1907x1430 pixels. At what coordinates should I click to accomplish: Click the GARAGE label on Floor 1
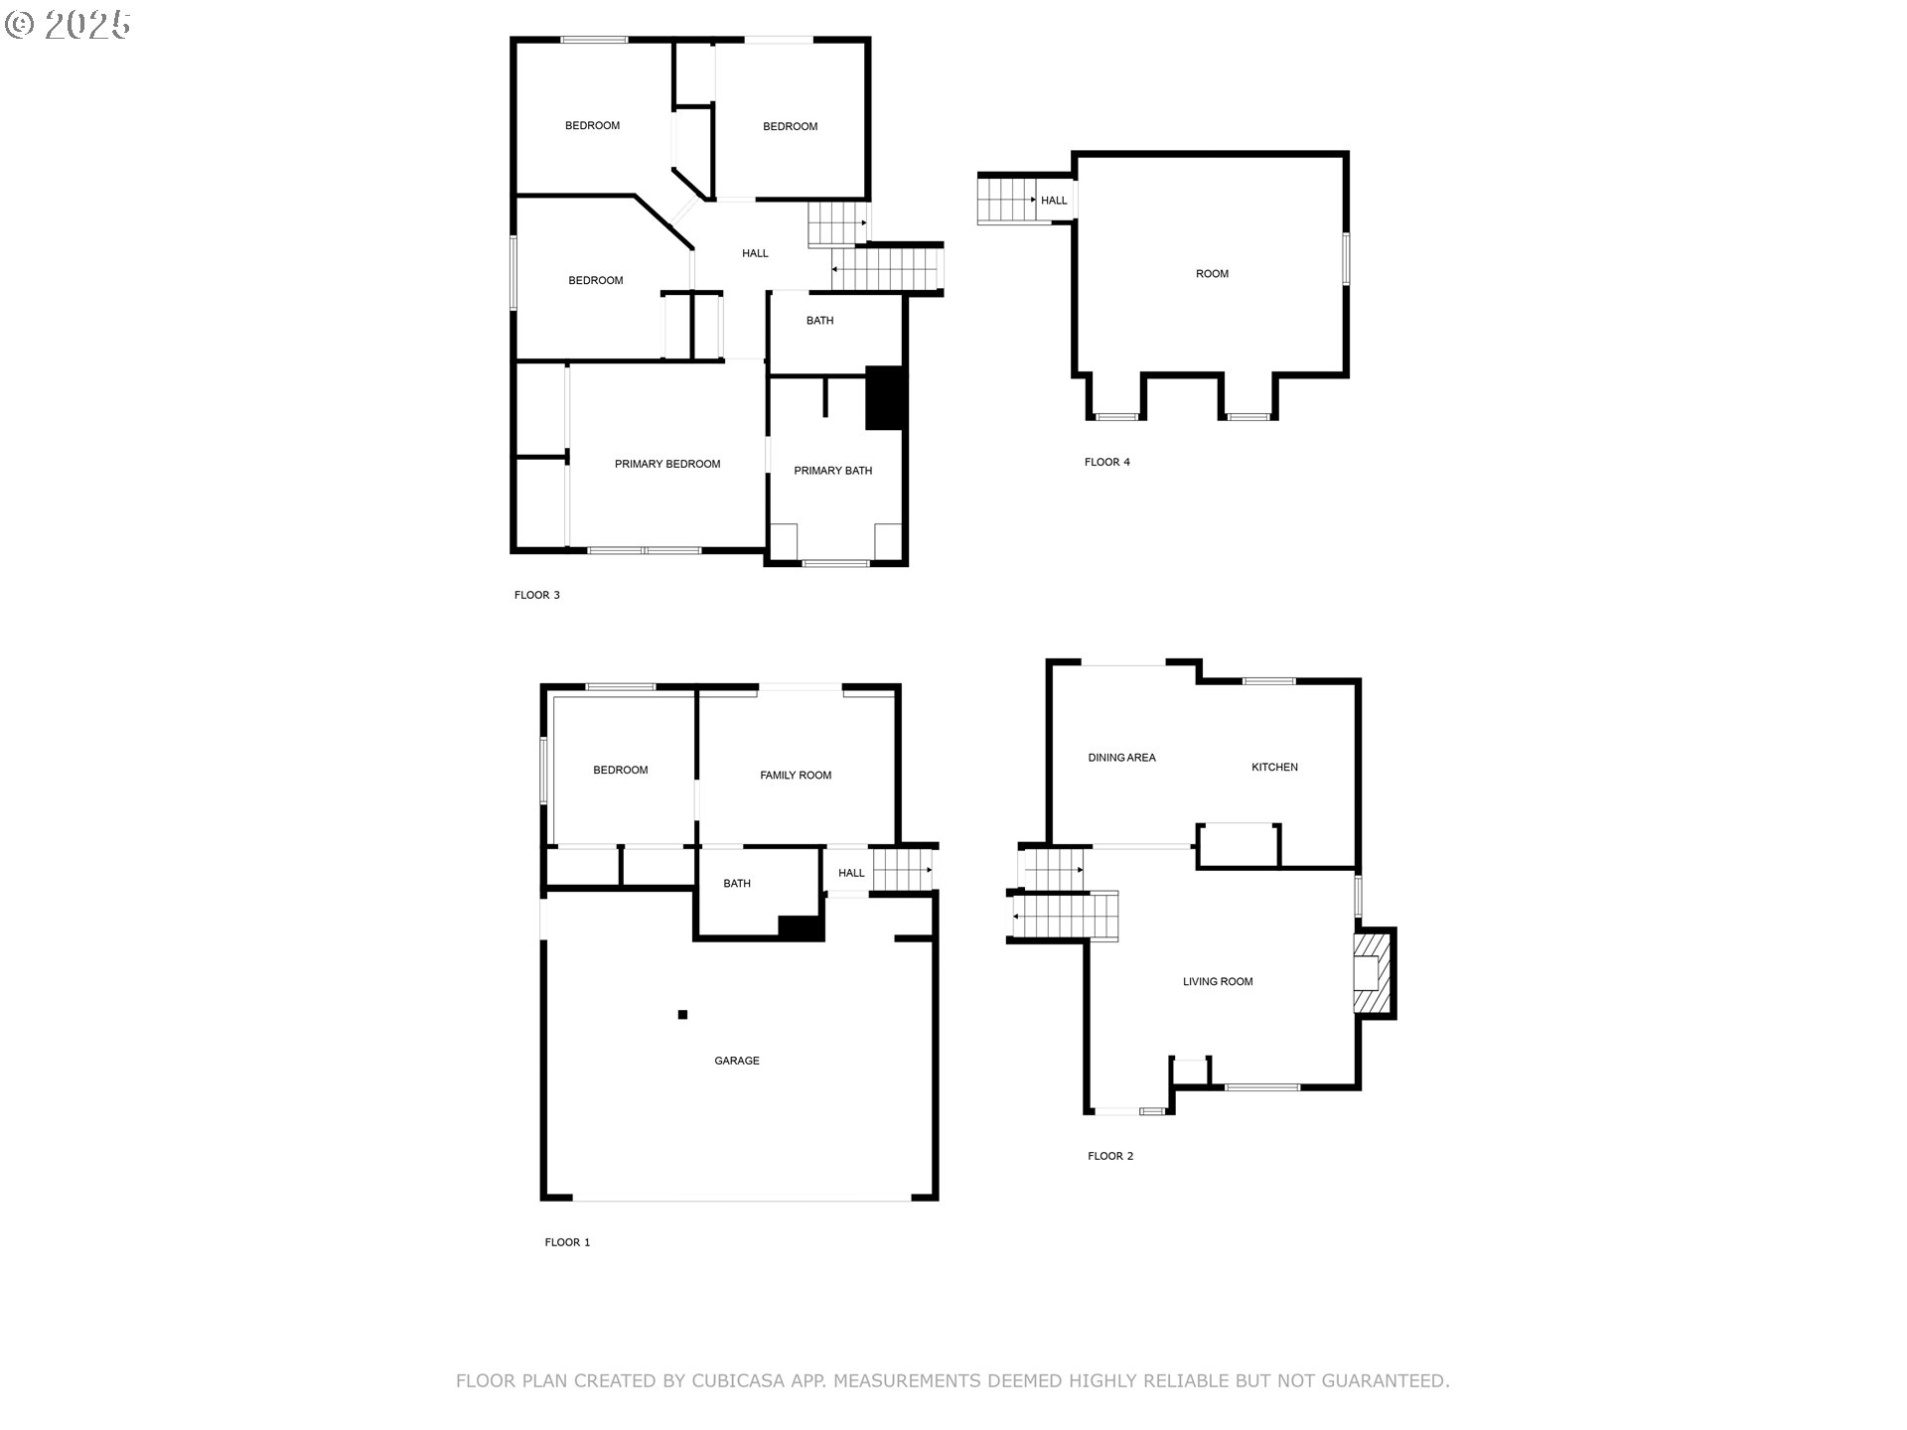[737, 1061]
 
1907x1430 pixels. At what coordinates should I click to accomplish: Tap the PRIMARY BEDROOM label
[667, 464]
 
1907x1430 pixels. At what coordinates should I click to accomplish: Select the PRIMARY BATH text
[832, 471]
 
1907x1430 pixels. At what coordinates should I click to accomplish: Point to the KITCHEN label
[1274, 767]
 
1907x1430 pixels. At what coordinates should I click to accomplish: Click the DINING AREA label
[1121, 758]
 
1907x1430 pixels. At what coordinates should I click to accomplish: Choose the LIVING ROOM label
[1218, 981]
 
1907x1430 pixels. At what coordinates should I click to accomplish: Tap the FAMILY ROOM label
[796, 776]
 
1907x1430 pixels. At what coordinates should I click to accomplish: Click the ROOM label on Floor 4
[1212, 274]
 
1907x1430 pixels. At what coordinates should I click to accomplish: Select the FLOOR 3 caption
[537, 595]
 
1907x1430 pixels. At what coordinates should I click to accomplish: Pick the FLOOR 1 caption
[567, 1242]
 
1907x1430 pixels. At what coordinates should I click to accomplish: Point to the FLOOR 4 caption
[1106, 462]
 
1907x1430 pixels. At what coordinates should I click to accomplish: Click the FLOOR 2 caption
[1110, 1156]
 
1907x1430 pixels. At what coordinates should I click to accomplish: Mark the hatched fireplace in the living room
[1373, 973]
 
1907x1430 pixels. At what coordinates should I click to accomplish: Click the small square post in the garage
[682, 1014]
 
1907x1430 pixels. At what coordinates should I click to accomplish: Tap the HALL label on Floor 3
[755, 253]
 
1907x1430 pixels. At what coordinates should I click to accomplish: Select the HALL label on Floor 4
[1054, 201]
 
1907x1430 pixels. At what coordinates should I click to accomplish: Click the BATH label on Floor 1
[737, 884]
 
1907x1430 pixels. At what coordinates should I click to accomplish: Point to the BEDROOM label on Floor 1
[621, 770]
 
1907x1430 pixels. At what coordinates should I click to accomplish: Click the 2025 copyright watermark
[69, 25]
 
